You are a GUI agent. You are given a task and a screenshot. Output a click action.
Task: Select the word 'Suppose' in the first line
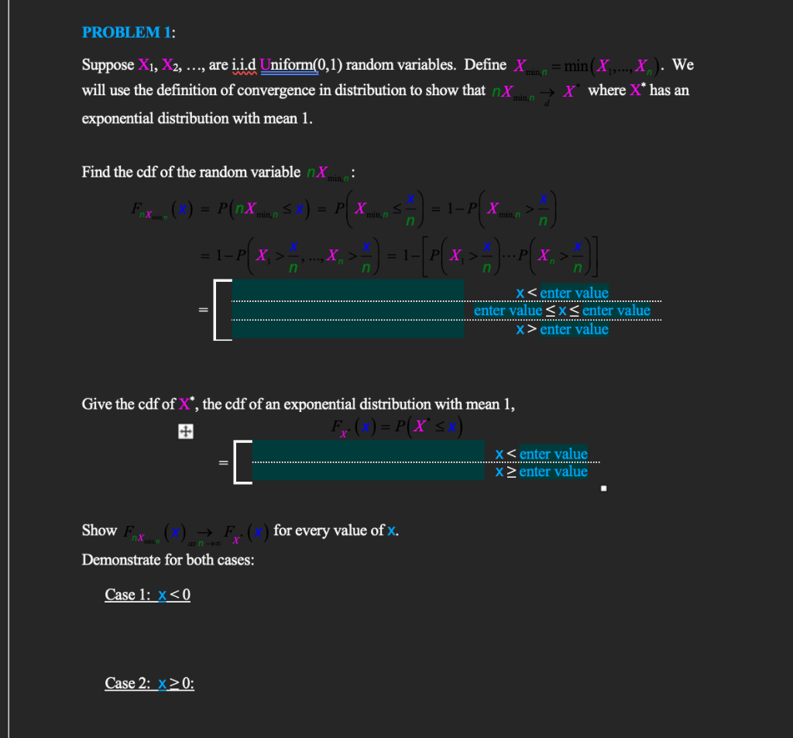pos(108,65)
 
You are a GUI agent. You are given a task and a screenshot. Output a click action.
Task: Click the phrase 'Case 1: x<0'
pos(147,595)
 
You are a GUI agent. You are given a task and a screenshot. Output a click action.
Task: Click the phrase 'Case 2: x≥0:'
pos(149,683)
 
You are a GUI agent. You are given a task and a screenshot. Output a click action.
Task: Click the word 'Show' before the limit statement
pos(99,530)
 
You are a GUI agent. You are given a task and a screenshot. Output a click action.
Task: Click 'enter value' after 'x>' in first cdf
pos(574,329)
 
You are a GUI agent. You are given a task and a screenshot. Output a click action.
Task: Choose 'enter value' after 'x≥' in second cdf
pos(553,472)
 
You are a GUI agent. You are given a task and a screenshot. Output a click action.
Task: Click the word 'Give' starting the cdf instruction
pos(96,403)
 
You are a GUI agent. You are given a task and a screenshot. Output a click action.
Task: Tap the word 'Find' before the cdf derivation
pos(96,172)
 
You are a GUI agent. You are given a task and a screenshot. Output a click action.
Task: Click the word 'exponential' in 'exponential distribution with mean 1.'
pos(118,118)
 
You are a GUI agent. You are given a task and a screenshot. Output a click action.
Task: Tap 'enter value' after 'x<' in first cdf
pos(574,293)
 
